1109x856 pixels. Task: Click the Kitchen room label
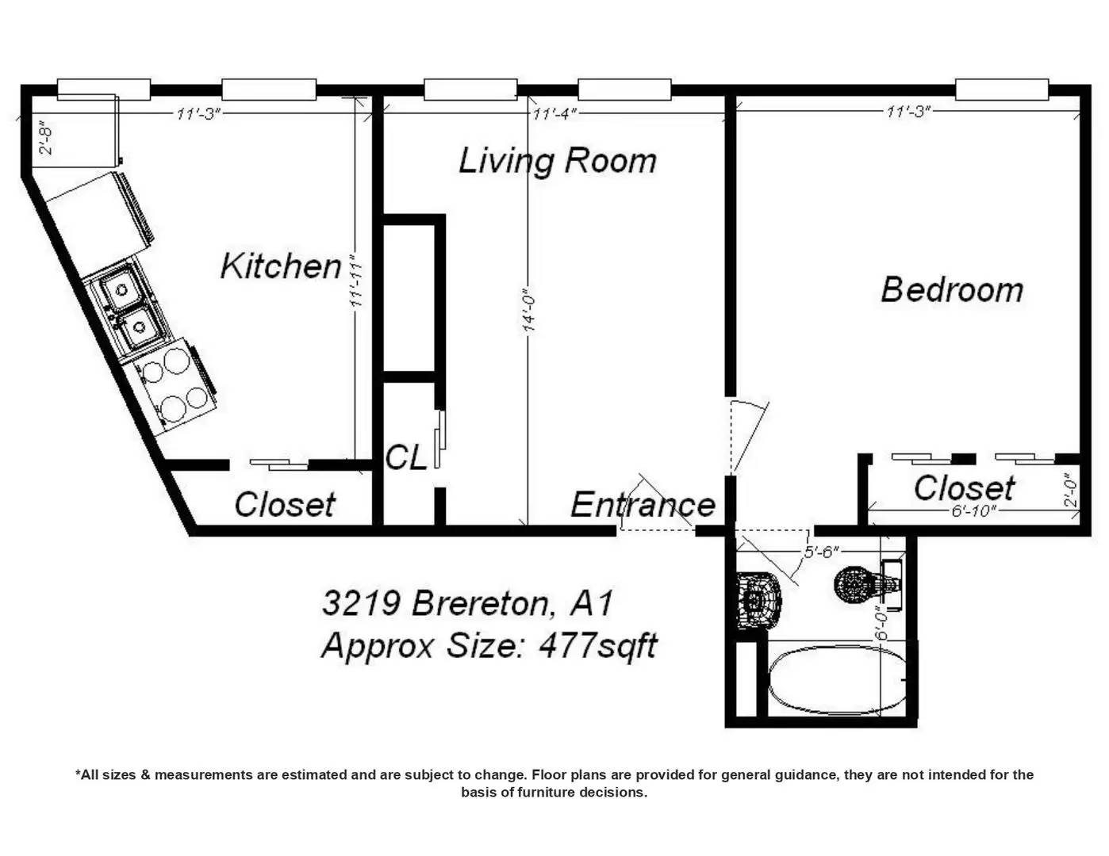(x=281, y=266)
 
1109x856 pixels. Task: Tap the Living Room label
(x=558, y=161)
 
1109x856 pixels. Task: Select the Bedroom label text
(x=952, y=289)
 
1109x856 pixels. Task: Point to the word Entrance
(x=643, y=505)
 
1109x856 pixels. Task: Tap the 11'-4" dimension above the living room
(x=554, y=113)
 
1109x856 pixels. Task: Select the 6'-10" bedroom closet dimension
(x=974, y=510)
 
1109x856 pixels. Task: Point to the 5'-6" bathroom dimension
(x=821, y=552)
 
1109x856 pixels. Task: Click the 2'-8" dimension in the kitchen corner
(x=46, y=137)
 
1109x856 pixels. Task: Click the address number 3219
(x=361, y=602)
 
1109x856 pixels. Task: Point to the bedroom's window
(x=1002, y=90)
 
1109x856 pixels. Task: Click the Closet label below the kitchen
(x=285, y=504)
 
